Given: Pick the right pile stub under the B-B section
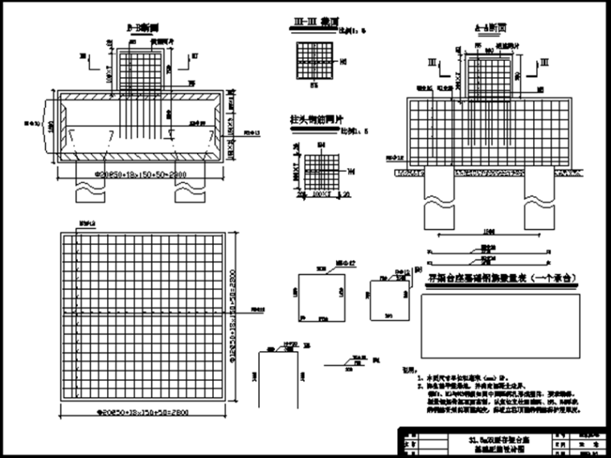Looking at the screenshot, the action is pos(191,191).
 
